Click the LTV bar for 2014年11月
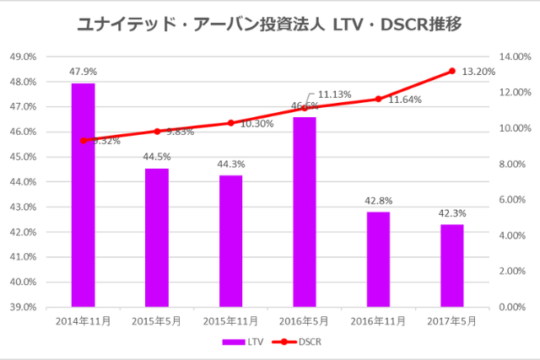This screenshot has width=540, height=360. coord(83,195)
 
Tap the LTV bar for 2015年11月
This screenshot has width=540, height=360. coord(230,240)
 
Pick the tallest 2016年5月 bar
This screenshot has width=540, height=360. coord(305,212)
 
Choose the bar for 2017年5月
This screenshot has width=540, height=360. coord(452,265)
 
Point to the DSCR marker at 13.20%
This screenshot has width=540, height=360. coord(452,71)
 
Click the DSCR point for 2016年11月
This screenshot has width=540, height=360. coord(378,99)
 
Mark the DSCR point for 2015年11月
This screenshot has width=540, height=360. coord(230,123)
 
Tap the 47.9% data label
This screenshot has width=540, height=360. coord(83,72)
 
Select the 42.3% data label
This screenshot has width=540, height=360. coord(452,213)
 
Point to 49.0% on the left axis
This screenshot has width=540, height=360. coord(22,56)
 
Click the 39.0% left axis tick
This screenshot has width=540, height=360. coord(22,307)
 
